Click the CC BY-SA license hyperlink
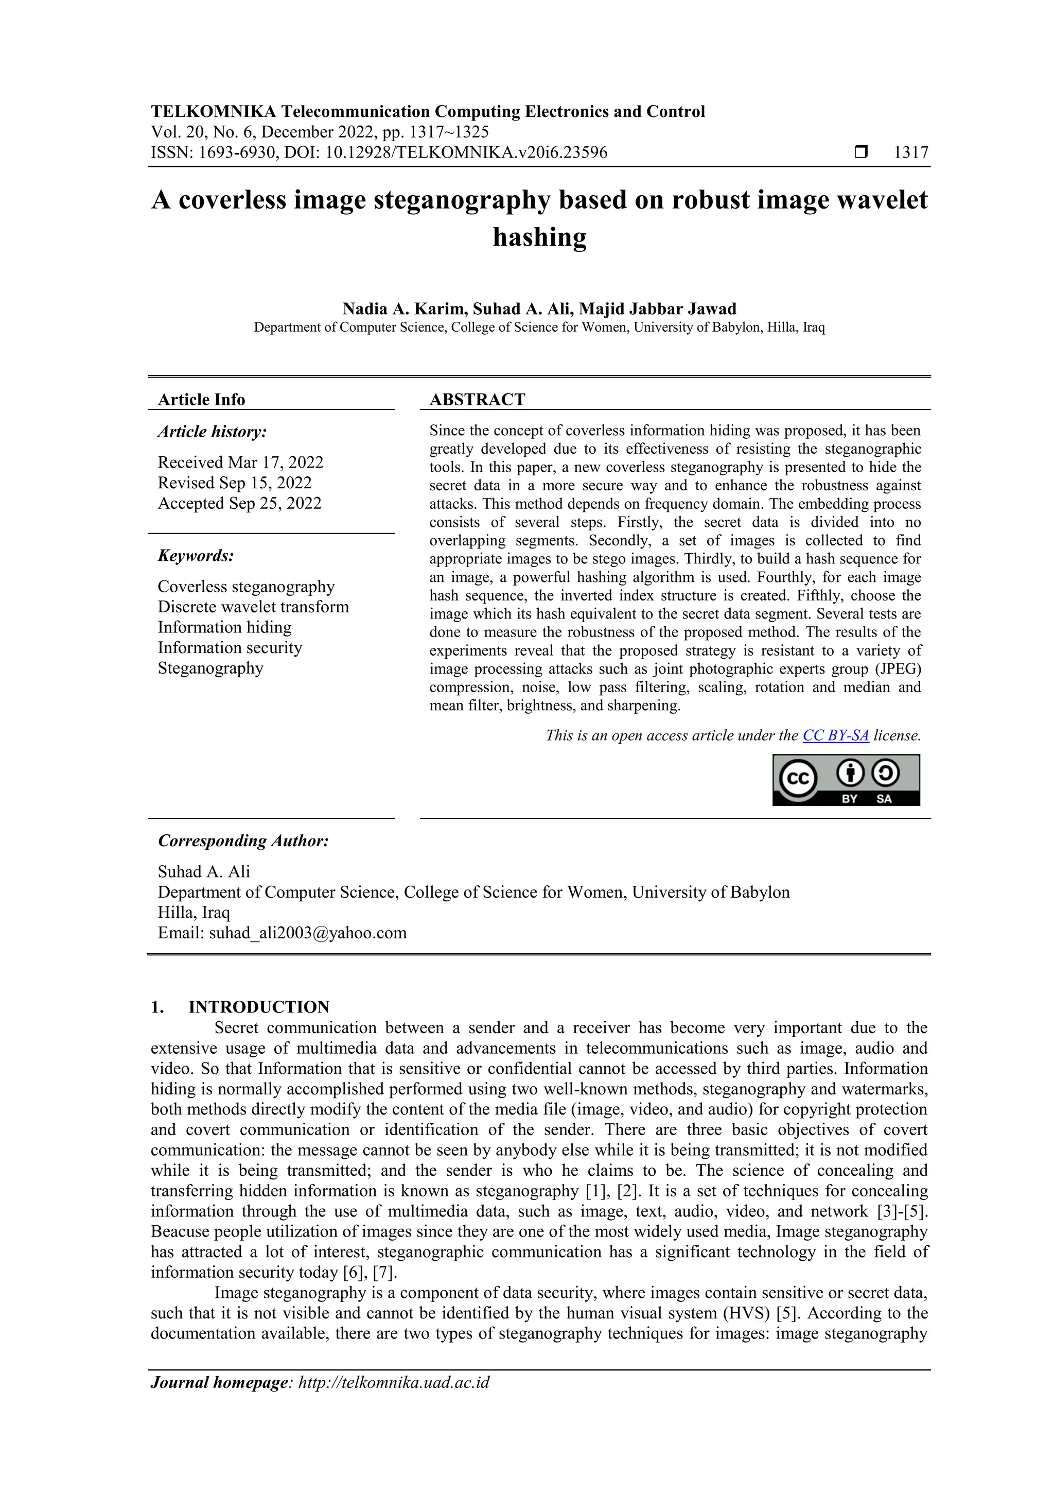point(835,735)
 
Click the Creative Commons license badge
point(846,780)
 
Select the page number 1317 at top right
point(911,153)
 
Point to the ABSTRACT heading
point(477,400)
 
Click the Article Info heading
point(201,400)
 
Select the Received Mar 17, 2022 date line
point(240,462)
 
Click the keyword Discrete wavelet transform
point(253,607)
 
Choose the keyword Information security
point(230,648)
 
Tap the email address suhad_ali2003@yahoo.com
point(307,933)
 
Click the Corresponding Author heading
point(243,841)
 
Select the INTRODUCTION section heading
point(258,1007)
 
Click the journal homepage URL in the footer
point(394,1382)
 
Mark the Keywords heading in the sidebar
point(196,556)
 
